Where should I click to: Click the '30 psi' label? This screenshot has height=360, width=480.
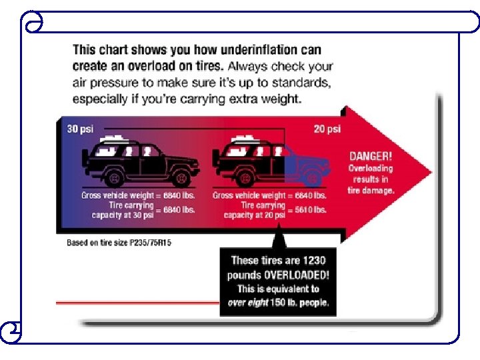point(80,129)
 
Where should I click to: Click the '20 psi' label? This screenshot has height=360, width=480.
point(327,129)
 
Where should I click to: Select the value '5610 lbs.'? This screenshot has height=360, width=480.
point(310,210)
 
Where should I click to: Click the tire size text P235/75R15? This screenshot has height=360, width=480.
point(151,243)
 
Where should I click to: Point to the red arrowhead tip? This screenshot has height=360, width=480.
point(430,172)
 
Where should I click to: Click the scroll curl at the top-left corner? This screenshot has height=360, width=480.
point(33,25)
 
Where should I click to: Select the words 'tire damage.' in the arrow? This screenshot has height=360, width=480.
point(371,190)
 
